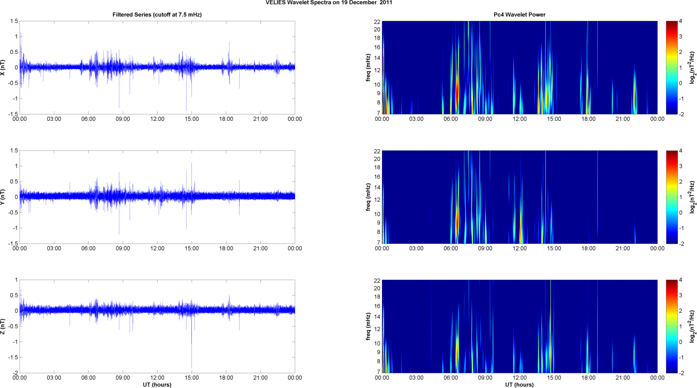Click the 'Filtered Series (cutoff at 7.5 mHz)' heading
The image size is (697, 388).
pos(157,15)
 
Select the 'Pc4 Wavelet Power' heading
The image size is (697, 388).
pos(519,15)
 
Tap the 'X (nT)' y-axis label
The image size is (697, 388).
pos(3,67)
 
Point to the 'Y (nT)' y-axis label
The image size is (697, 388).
pos(3,197)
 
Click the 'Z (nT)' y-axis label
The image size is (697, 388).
pos(3,326)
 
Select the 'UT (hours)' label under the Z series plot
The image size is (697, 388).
pos(157,385)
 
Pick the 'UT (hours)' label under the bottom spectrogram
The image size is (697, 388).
pos(519,385)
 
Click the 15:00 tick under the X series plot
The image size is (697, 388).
pos(191,119)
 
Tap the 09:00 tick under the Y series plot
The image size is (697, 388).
pos(122,248)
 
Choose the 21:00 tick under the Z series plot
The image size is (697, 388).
pos(260,378)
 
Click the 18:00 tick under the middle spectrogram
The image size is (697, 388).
pos(588,248)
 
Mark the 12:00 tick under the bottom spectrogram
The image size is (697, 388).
pos(519,378)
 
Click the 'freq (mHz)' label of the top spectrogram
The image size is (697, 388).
pos(368,67)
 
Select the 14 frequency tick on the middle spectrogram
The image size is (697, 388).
pos(377,187)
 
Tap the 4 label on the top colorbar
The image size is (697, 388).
pos(681,21)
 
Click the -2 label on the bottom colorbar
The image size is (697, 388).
pos(681,373)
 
